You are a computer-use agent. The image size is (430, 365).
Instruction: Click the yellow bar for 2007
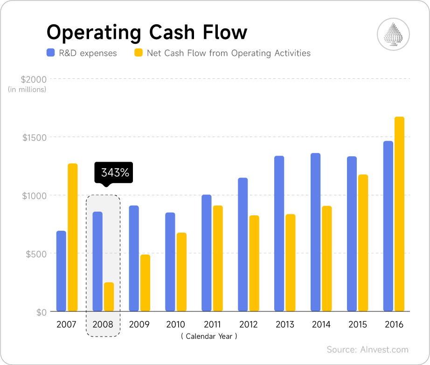pyautogui.click(x=72, y=237)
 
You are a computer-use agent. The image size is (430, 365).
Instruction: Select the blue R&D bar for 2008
pyautogui.click(x=97, y=261)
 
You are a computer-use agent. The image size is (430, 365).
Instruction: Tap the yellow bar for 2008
pyautogui.click(x=109, y=296)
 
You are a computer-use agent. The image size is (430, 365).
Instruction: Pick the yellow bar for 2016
pyautogui.click(x=399, y=214)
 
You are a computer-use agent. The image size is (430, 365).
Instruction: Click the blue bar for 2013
pyautogui.click(x=279, y=234)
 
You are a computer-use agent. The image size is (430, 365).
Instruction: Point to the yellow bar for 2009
pyautogui.click(x=145, y=282)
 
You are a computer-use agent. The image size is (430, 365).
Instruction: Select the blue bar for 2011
pyautogui.click(x=207, y=253)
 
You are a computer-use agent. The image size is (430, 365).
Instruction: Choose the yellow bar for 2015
pyautogui.click(x=363, y=243)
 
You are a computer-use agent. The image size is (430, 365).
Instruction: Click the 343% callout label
pyautogui.click(x=114, y=172)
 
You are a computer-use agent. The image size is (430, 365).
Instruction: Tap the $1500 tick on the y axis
pyautogui.click(x=34, y=138)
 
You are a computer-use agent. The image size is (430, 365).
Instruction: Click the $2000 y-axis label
pyautogui.click(x=34, y=79)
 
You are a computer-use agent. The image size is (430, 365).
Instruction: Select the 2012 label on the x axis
pyautogui.click(x=248, y=324)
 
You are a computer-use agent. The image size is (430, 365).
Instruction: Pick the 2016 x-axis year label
pyautogui.click(x=394, y=324)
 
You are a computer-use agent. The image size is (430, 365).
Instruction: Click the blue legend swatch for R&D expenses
pyautogui.click(x=50, y=53)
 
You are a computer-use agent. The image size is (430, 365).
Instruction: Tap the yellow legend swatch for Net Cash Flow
pyautogui.click(x=138, y=53)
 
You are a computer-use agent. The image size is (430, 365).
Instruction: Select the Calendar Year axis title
pyautogui.click(x=209, y=336)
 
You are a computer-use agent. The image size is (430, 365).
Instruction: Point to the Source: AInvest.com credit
pyautogui.click(x=368, y=350)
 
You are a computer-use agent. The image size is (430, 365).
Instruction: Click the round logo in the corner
pyautogui.click(x=393, y=34)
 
